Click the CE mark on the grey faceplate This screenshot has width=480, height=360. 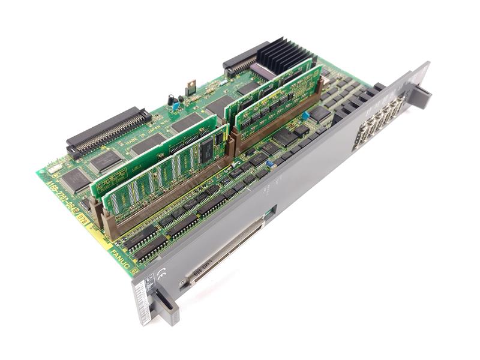click(161, 275)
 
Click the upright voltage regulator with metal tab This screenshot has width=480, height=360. click(191, 88)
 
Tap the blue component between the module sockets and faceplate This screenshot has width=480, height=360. click(269, 163)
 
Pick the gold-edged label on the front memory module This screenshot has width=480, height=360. click(115, 183)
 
